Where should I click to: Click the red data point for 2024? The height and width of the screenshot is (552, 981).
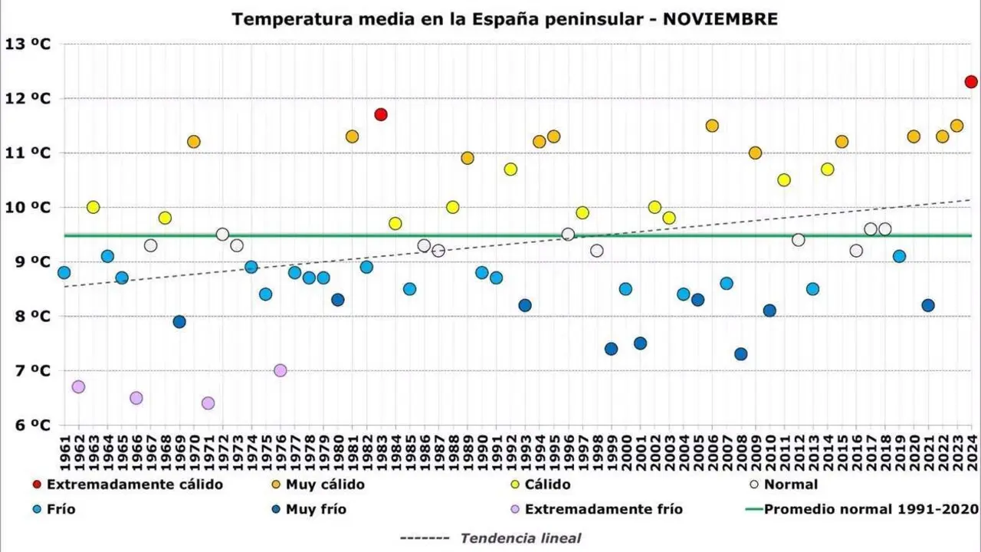click(971, 82)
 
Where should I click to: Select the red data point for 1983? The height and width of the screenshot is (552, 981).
click(381, 115)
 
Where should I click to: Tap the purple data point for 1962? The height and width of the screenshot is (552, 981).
click(78, 387)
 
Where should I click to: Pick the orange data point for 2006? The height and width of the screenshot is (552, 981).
click(712, 126)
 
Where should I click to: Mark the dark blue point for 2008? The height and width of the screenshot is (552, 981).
click(740, 354)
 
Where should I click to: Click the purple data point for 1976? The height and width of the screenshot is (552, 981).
click(280, 370)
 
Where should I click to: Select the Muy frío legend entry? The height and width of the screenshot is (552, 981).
click(315, 509)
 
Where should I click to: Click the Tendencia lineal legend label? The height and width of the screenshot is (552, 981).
click(520, 538)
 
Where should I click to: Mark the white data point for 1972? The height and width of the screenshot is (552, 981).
click(222, 235)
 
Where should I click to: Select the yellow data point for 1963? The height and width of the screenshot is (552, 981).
click(93, 207)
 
